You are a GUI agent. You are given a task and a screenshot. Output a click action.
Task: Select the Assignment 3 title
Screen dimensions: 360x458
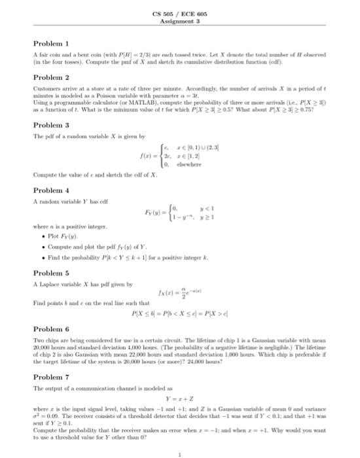point(180,20)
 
